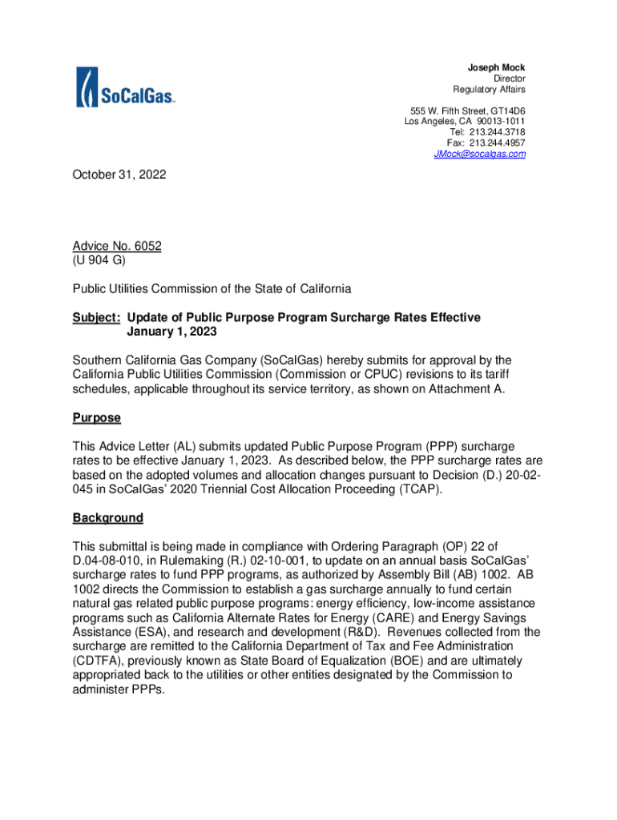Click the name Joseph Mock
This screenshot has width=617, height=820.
(x=497, y=67)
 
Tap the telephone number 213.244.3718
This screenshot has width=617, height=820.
(x=498, y=132)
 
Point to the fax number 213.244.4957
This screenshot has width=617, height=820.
(x=498, y=143)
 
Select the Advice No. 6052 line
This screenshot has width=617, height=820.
(x=117, y=246)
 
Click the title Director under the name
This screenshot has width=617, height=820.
(x=509, y=78)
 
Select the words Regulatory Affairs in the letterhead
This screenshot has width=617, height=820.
(x=489, y=89)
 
